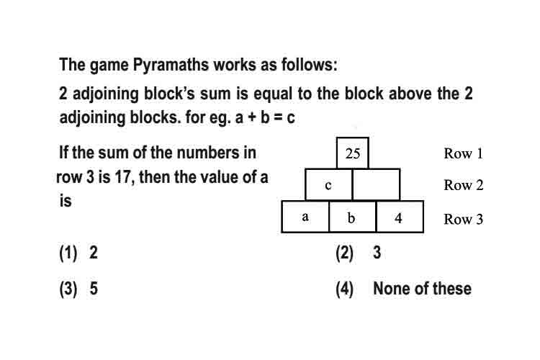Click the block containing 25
[x=353, y=153]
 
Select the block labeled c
[x=328, y=184]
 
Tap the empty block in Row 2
[x=377, y=184]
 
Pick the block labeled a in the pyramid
[x=305, y=217]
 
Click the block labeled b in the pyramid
[x=353, y=217]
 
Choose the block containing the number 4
[x=400, y=217]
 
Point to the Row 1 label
[x=464, y=153]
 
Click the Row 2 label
[x=464, y=185]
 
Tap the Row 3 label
[x=464, y=219]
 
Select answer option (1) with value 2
[x=78, y=253]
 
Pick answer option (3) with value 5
[x=78, y=288]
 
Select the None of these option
[x=422, y=288]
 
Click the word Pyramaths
[x=171, y=65]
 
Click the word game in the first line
[x=109, y=66]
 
